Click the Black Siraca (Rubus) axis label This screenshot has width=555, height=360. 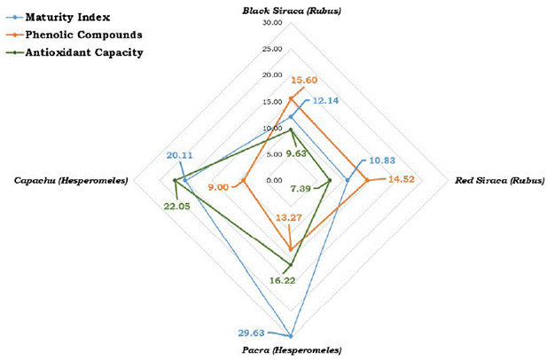pyautogui.click(x=291, y=10)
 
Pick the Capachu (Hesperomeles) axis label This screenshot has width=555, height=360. pyautogui.click(x=71, y=181)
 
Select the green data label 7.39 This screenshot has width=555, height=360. pyautogui.click(x=301, y=188)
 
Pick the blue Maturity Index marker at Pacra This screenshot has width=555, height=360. pyautogui.click(x=291, y=336)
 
